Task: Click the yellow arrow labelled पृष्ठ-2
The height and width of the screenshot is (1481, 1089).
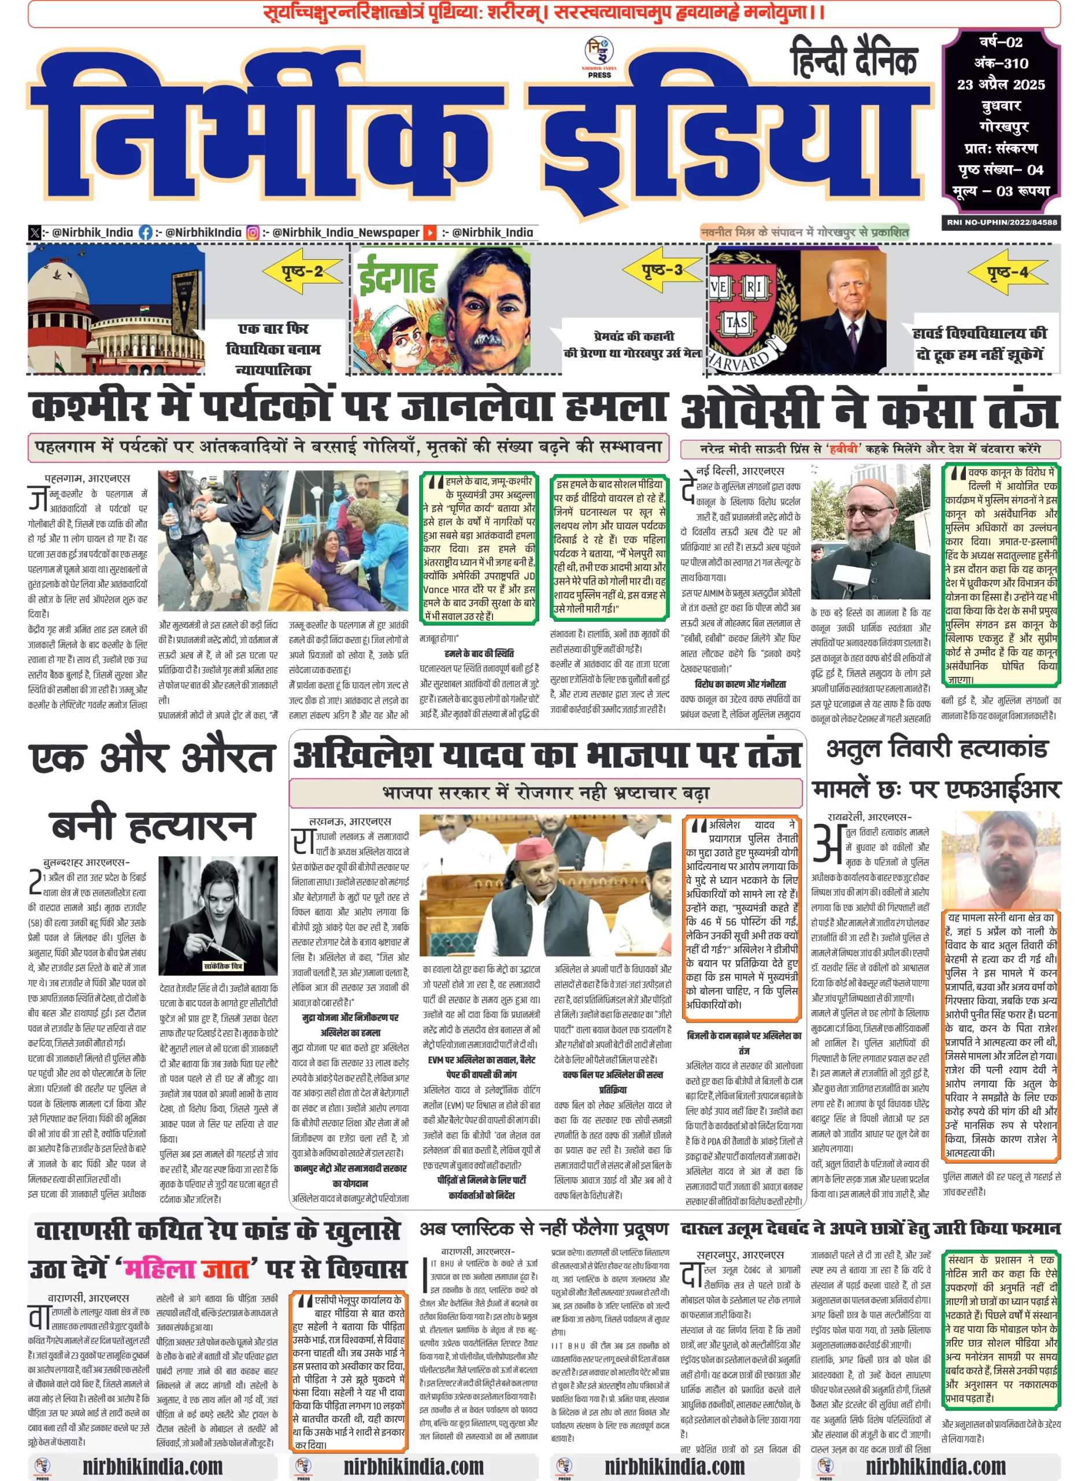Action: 302,271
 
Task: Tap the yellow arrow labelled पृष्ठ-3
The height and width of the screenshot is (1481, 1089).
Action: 662,270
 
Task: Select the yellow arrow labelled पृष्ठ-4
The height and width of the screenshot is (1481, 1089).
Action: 1007,272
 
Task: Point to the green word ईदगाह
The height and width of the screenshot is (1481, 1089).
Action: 397,278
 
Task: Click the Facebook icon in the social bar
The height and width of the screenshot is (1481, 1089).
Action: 145,232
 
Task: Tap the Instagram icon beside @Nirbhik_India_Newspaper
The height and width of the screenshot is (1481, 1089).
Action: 253,232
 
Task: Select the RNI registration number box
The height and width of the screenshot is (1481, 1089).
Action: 1001,222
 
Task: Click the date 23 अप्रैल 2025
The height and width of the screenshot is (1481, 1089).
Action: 1001,84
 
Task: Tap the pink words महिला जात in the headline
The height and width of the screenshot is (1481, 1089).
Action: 187,1269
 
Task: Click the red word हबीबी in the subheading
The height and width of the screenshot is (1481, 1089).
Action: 843,448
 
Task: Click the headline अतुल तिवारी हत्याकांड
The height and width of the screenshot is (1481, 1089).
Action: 937,749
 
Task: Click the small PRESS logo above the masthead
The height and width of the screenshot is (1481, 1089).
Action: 599,58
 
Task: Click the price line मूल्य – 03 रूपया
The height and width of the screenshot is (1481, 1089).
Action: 1001,191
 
